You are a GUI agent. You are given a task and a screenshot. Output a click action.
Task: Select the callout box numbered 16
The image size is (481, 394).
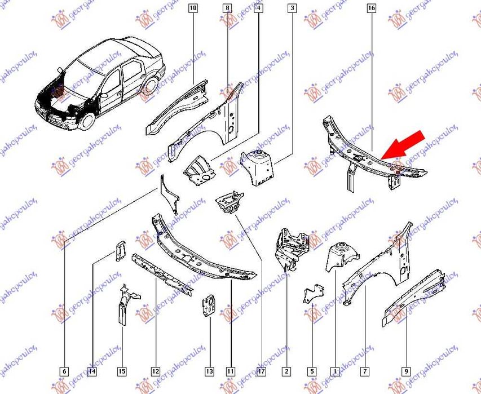tap(371, 8)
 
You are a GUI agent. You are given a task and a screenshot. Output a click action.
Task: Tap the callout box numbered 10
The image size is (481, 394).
tap(193, 8)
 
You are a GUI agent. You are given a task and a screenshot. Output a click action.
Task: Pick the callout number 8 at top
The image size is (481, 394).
tap(227, 8)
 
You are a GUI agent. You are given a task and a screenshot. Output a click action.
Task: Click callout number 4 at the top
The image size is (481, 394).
tap(258, 8)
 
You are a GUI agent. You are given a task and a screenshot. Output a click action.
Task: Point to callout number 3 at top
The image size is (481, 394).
tap(292, 8)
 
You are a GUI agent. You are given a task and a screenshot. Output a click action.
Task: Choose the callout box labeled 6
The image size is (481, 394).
tap(64, 371)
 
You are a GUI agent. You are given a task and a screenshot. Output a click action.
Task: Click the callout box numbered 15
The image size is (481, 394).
tap(122, 371)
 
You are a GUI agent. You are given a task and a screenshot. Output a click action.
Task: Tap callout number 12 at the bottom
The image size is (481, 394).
tap(155, 371)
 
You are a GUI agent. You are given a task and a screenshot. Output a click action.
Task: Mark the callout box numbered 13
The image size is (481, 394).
tap(209, 371)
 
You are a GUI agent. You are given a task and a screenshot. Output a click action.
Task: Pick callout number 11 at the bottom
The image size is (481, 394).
tap(231, 371)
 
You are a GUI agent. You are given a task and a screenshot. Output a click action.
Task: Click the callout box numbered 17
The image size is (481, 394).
tap(261, 371)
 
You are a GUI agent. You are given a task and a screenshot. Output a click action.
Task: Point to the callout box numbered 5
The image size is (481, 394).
tap(311, 371)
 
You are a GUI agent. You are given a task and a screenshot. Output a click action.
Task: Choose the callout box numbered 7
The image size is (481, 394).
tap(365, 371)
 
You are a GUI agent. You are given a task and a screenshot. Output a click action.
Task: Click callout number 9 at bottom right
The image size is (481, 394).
tap(405, 371)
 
